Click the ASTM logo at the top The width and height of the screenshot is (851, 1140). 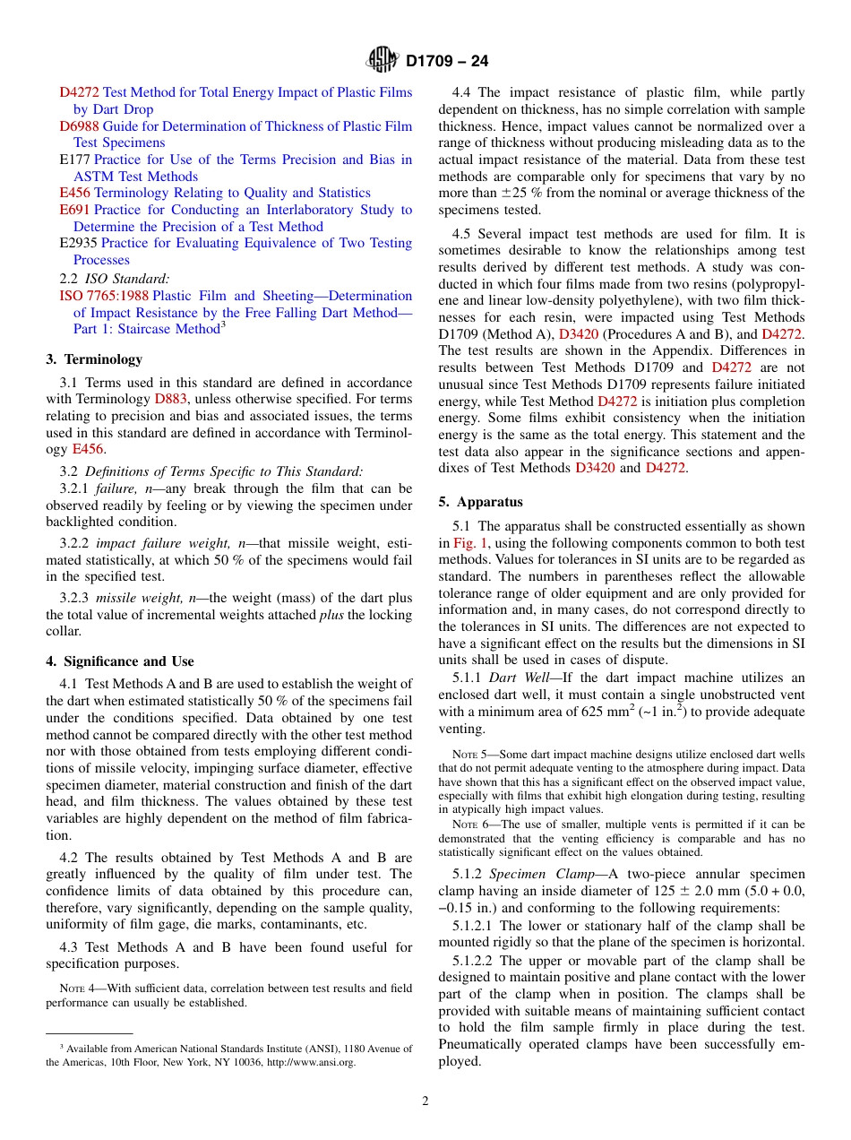pos(383,61)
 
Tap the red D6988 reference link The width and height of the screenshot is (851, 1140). pos(79,126)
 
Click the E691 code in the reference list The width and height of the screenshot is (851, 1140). pos(75,210)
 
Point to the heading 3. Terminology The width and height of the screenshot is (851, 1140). pos(94,359)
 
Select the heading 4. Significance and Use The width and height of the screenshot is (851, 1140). pos(119,661)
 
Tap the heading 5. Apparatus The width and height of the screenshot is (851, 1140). pos(480,502)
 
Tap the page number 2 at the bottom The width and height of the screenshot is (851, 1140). pos(425,1101)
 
